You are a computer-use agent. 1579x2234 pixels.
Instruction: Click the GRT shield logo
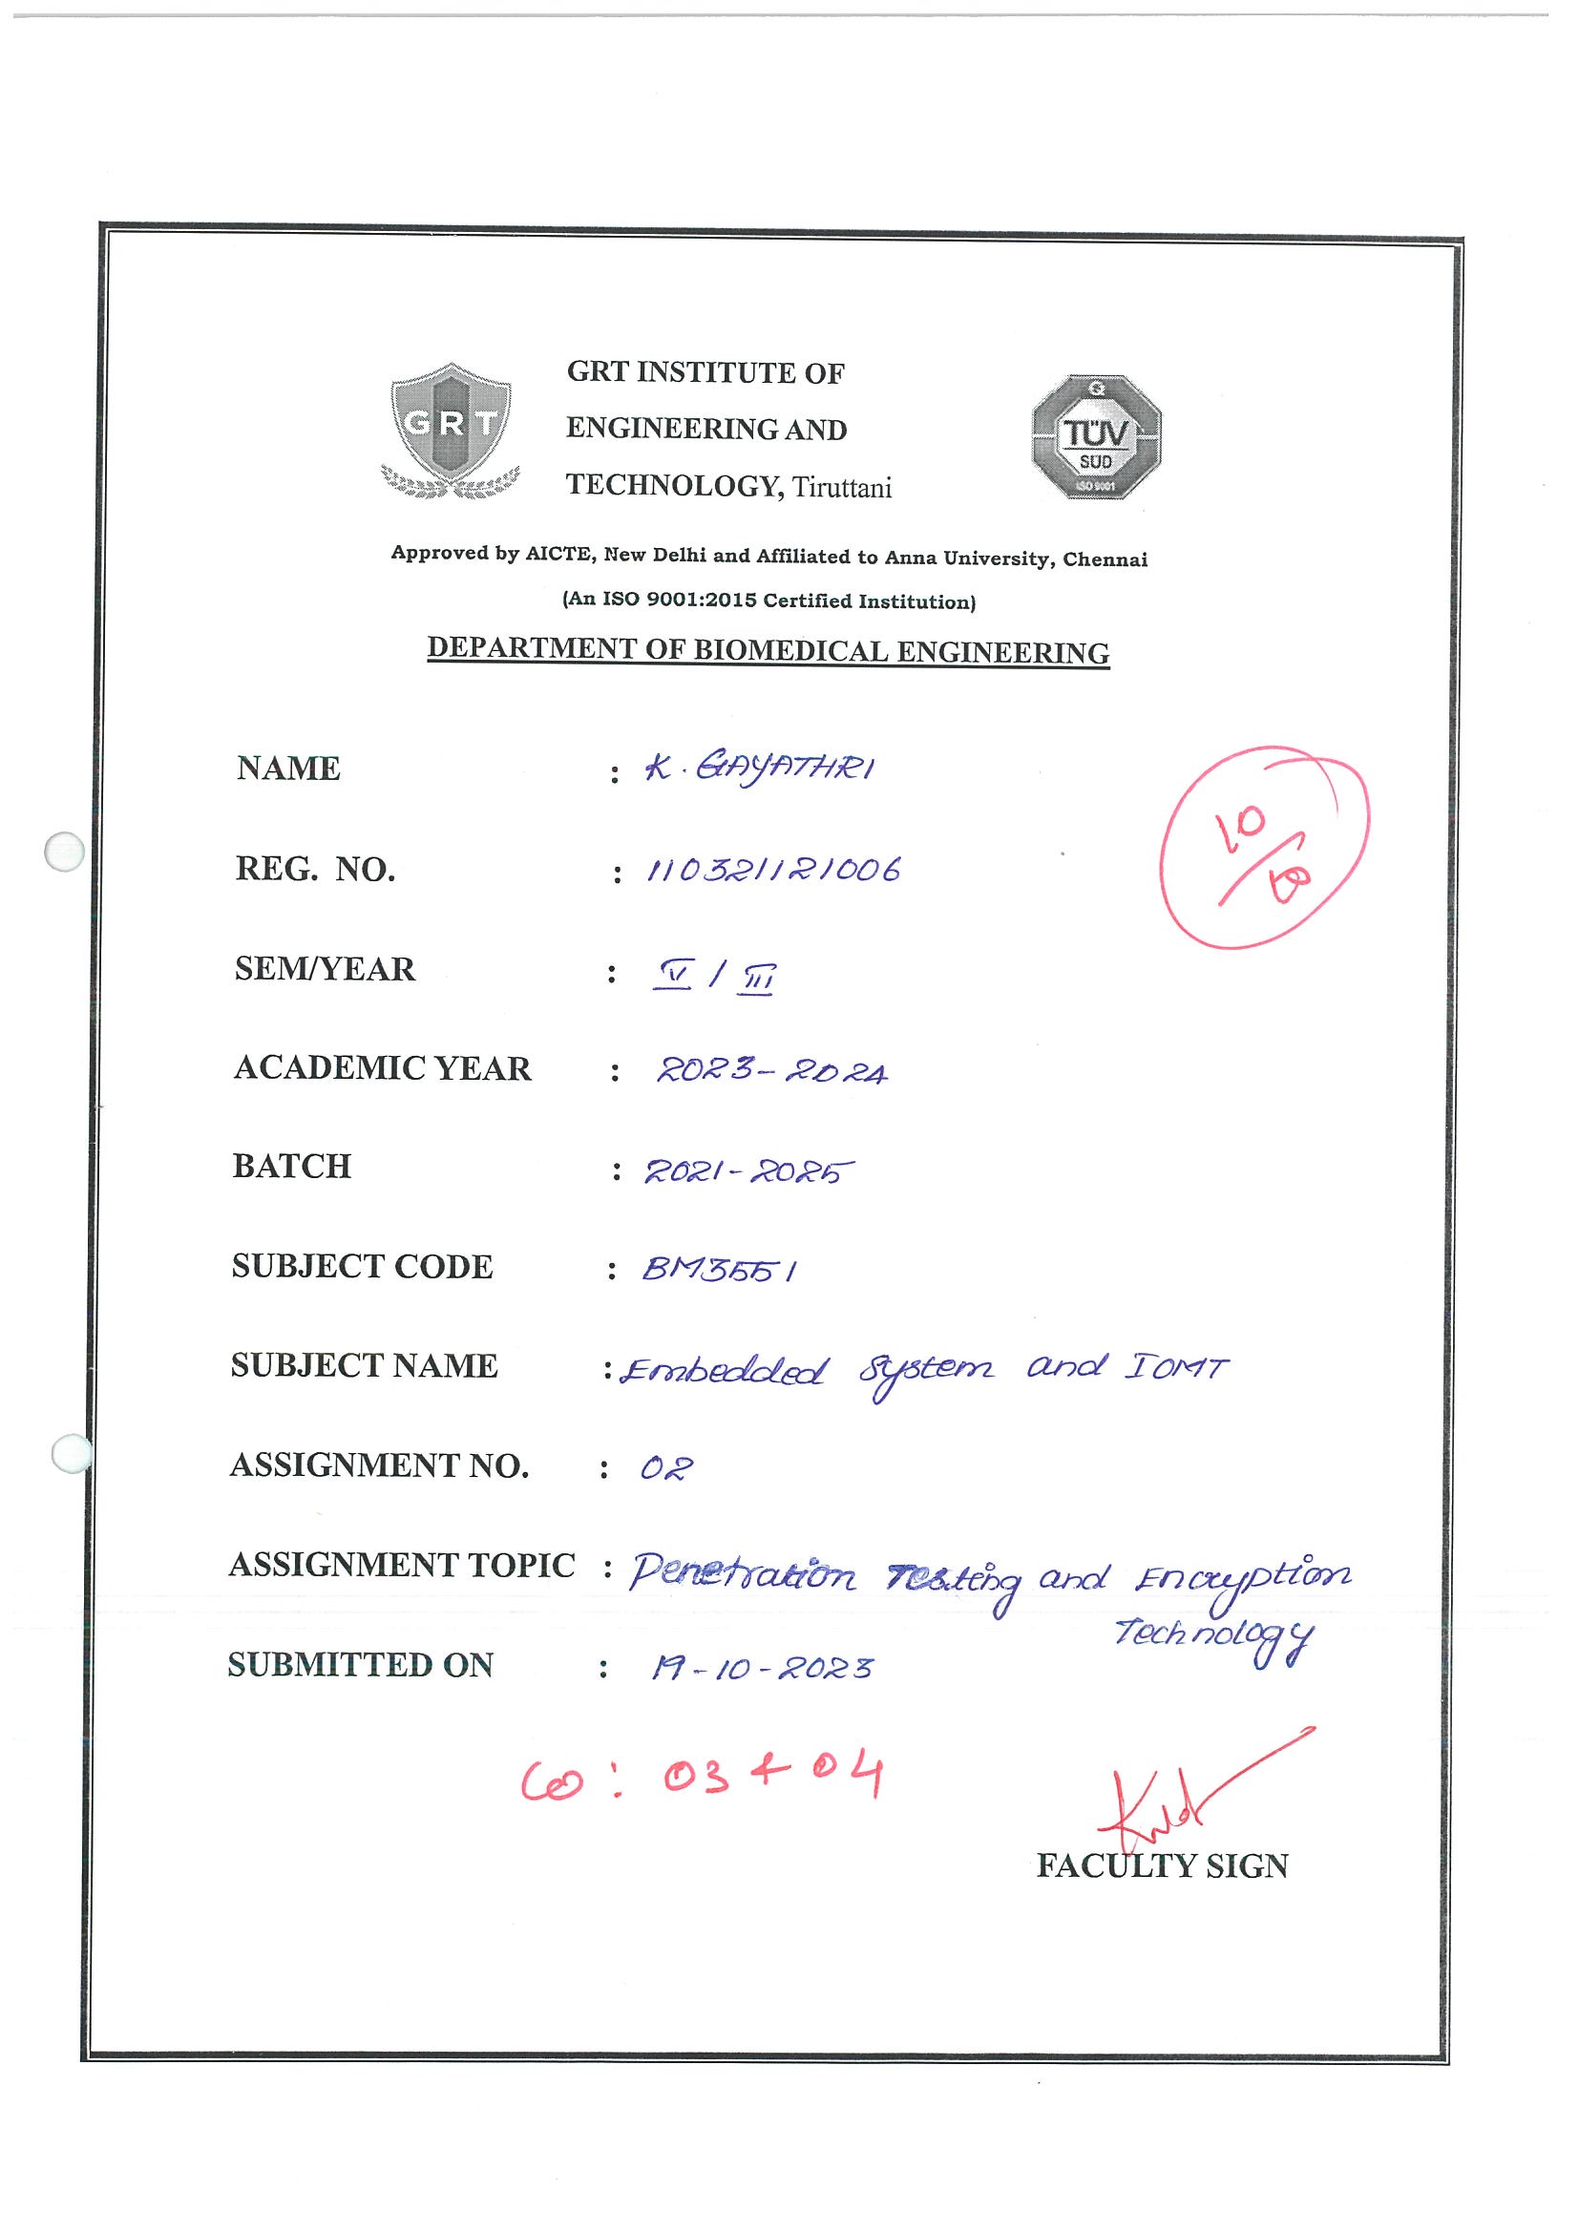point(451,431)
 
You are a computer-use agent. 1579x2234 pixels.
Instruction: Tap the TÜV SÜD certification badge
point(1097,437)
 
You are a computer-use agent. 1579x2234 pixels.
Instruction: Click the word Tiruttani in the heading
point(842,488)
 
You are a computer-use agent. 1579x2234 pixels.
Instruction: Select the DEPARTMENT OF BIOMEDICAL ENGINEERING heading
point(768,650)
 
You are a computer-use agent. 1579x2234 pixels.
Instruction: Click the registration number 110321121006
point(773,869)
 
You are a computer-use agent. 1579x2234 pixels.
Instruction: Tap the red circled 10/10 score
point(1264,847)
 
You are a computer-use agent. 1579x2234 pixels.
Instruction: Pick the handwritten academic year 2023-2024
point(771,1071)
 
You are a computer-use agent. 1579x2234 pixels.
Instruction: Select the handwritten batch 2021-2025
point(748,1171)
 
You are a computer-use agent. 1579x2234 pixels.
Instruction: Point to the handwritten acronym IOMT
point(1176,1368)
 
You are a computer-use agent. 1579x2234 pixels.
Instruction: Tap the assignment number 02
point(666,1468)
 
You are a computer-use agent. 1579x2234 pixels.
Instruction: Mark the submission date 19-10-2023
point(762,1670)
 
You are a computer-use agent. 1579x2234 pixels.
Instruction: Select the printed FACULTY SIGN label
point(1162,1866)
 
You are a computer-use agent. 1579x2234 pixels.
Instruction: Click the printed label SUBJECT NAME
point(364,1366)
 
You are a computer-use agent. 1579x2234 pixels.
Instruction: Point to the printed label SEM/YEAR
point(325,969)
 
